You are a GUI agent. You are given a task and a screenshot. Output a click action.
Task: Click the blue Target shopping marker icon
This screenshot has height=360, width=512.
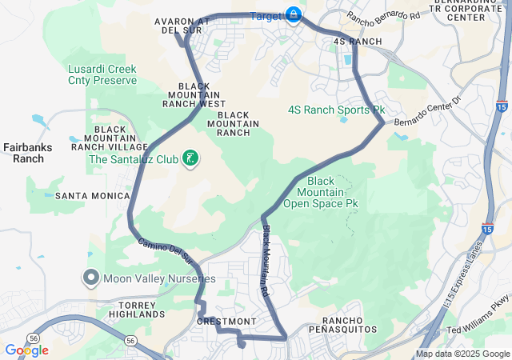pos(294,15)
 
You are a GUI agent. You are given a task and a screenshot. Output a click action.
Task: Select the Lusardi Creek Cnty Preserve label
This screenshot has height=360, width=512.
pos(102,75)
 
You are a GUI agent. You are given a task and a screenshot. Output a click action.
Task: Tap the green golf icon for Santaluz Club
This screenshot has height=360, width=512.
pos(190,158)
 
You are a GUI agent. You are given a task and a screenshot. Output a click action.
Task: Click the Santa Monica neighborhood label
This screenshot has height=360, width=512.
pos(92,195)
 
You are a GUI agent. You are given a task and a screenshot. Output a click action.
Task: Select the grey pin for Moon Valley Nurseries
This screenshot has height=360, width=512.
pos(90,278)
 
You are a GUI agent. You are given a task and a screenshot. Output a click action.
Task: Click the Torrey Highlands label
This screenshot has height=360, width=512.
pos(130,310)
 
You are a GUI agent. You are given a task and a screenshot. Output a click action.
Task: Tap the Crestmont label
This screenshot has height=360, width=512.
pos(226,321)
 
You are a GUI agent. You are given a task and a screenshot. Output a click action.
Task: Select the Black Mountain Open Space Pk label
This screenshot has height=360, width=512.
pos(327,192)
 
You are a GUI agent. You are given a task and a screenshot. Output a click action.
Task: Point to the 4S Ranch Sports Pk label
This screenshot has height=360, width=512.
pos(337,109)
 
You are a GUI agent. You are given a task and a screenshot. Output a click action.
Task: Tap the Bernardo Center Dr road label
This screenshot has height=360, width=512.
pos(428,110)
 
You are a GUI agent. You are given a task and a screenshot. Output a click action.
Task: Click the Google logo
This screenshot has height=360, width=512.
pos(26,350)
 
